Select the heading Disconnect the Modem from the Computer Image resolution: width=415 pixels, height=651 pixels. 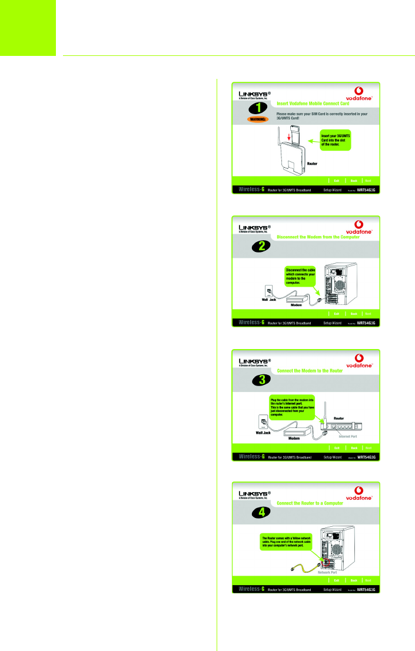tap(318, 237)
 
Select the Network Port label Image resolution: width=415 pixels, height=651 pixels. tap(327, 572)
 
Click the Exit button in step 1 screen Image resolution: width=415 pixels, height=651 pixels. tap(336, 180)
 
